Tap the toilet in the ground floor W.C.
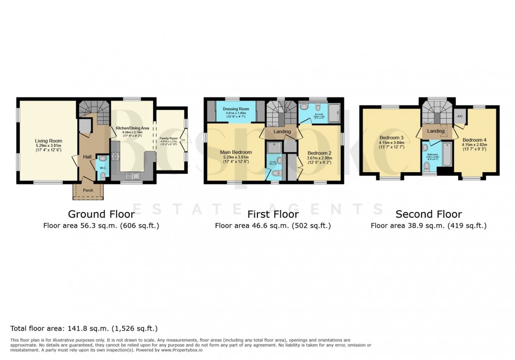(x=102, y=175)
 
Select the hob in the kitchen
(x=115, y=155)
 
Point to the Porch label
(x=88, y=190)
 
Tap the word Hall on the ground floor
(x=88, y=157)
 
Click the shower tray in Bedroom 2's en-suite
(x=333, y=111)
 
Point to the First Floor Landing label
(x=282, y=132)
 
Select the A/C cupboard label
(x=459, y=116)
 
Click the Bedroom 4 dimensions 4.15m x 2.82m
(x=473, y=145)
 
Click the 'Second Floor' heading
(x=428, y=214)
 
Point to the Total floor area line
(x=84, y=328)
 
